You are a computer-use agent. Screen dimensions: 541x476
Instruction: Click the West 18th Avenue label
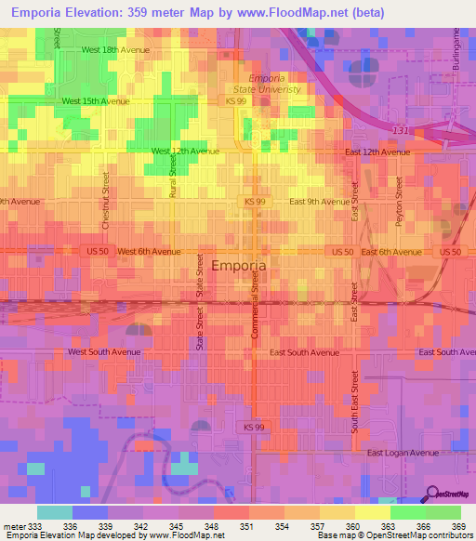tap(115, 49)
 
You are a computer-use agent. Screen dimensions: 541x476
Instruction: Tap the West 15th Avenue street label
tap(95, 100)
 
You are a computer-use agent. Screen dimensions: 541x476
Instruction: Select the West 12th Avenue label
tap(185, 151)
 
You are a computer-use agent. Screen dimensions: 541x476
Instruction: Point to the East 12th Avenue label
tap(377, 152)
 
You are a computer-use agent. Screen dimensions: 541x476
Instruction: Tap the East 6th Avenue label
tap(391, 252)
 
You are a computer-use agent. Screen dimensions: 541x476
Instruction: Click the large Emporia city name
tap(240, 266)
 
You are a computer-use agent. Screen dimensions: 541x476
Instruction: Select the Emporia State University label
tap(275, 84)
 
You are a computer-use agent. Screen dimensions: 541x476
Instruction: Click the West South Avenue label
tap(103, 352)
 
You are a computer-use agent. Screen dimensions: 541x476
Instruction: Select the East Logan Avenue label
tap(402, 453)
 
